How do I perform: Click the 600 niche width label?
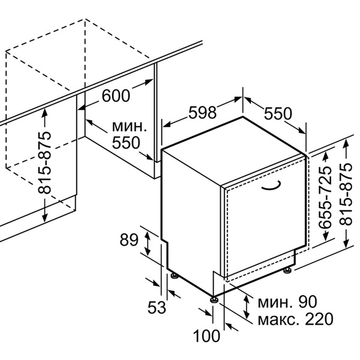tap(116, 95)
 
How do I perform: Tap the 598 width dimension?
tap(202, 113)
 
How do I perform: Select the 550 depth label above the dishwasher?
tap(278, 113)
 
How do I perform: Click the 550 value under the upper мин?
tap(126, 143)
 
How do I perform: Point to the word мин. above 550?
tap(130, 127)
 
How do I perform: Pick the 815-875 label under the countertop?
tap(44, 163)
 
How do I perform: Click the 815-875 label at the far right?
tap(346, 194)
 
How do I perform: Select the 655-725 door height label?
tap(325, 197)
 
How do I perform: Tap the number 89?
tap(129, 240)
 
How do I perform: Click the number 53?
tap(157, 307)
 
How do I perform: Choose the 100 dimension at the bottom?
tap(206, 336)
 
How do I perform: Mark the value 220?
tap(319, 319)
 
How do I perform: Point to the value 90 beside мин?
tap(307, 302)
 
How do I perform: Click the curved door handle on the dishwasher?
tap(271, 186)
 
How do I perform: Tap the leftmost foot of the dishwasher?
tap(175, 275)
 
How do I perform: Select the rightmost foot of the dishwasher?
tap(287, 270)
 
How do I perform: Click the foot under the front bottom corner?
tap(214, 299)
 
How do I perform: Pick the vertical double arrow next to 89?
tap(147, 244)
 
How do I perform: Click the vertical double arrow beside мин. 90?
tap(247, 307)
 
